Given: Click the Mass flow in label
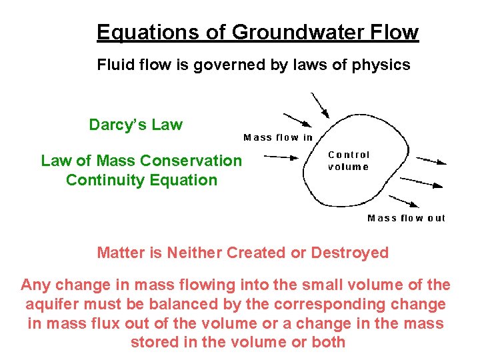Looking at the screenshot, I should pos(278,137).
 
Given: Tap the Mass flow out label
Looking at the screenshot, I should pos(406,218).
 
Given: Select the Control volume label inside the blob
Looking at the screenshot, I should pos(349,161).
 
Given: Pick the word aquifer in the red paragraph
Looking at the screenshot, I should pos(51,305).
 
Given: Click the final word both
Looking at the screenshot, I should pos(329,343).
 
